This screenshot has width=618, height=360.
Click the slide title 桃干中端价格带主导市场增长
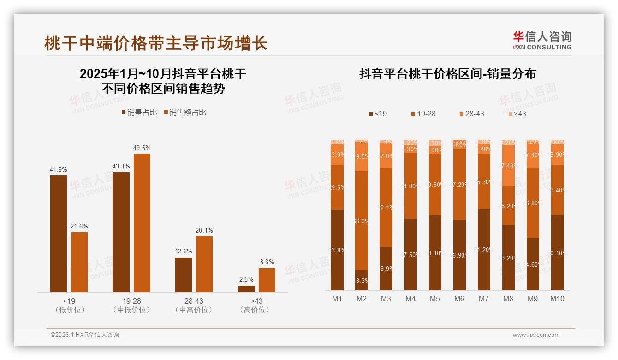(156, 43)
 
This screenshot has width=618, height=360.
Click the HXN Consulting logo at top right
(542, 41)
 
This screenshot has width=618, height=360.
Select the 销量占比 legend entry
(139, 113)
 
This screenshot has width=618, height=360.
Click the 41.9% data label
(58, 169)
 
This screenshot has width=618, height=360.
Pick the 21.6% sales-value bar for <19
(79, 262)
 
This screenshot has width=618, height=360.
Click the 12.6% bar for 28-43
(184, 275)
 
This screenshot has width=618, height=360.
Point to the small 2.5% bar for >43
(246, 289)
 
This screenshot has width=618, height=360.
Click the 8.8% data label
(267, 262)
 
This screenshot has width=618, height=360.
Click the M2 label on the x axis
(362, 299)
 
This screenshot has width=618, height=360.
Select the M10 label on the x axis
(557, 299)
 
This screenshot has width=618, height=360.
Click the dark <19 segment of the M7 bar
(484, 250)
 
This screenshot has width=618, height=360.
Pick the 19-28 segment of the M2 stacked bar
(362, 221)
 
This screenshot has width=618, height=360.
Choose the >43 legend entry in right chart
(517, 114)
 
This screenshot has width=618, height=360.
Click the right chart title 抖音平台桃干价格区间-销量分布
(447, 74)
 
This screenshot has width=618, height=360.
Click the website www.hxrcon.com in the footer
(536, 335)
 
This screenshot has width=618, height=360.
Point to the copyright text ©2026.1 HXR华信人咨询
(85, 335)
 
